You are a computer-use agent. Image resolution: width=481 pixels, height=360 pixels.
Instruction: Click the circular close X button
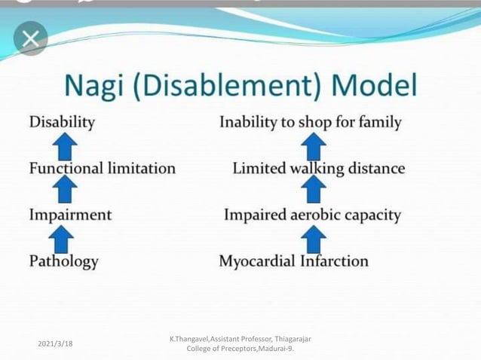coord(30,38)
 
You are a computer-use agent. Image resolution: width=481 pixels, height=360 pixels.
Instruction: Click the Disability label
coord(62,121)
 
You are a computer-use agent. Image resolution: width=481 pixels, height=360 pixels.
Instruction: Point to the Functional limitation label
coord(102,169)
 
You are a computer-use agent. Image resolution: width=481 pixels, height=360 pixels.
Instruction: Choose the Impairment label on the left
coord(70,215)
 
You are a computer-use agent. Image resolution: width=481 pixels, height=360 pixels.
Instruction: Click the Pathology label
coord(63,261)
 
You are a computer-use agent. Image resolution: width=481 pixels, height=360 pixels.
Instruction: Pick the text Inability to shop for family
coord(310,122)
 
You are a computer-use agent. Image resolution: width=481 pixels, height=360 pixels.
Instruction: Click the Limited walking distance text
coord(318,169)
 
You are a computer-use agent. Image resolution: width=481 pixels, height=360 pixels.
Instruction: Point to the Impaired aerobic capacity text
coord(312,215)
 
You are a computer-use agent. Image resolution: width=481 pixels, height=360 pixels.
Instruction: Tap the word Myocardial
coord(256,262)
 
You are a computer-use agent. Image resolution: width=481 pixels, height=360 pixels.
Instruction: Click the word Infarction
coord(334,261)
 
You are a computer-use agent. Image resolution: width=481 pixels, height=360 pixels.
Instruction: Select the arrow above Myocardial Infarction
coord(313,239)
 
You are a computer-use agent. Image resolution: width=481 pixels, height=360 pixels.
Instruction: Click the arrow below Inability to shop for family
coord(313,145)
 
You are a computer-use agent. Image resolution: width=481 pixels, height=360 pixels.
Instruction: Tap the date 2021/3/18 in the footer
coord(55,343)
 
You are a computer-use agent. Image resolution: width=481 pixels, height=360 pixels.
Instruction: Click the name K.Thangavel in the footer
coord(193,339)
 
